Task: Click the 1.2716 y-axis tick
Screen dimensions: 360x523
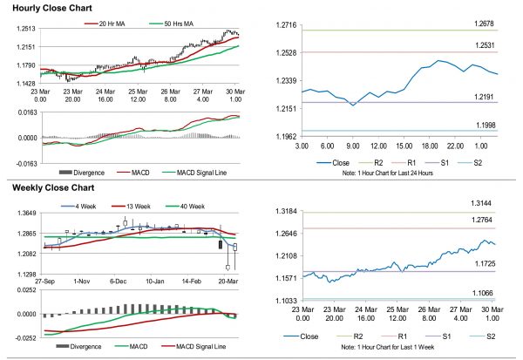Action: pos(285,31)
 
